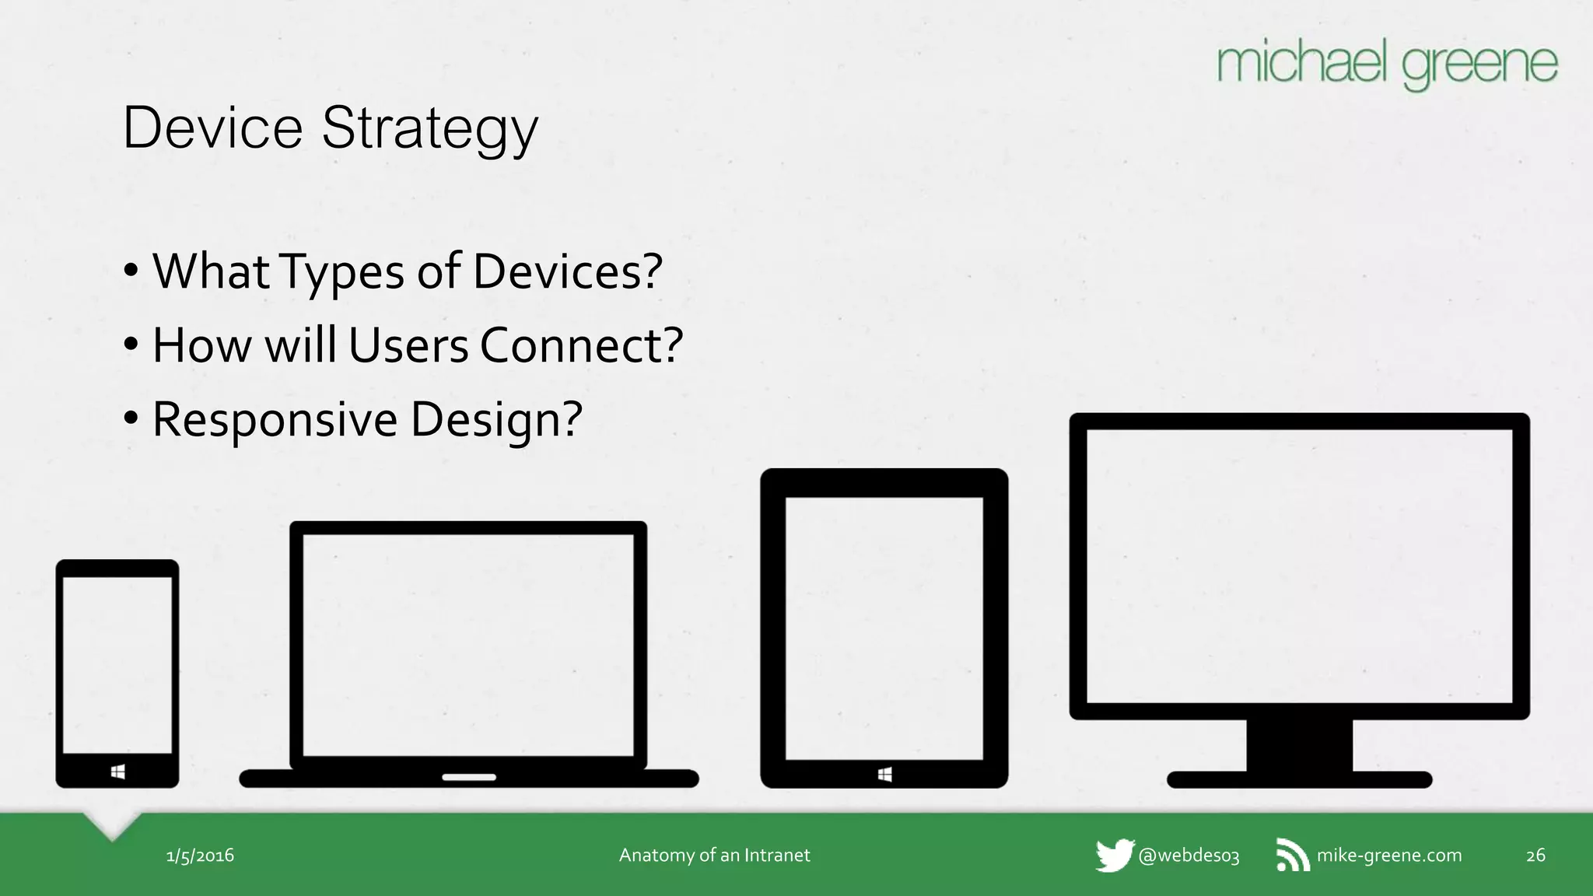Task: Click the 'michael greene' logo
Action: [1387, 65]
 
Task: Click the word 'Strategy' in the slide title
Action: [429, 128]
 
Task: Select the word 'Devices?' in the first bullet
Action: [567, 271]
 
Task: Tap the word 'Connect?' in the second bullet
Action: [581, 345]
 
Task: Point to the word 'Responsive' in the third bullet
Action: [275, 419]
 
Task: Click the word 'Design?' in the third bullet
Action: [496, 420]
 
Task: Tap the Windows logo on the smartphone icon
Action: [118, 772]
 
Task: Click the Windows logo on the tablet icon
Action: [884, 775]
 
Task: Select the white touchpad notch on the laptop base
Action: [469, 777]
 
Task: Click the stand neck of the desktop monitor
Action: [1299, 744]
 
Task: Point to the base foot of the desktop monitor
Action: [1299, 779]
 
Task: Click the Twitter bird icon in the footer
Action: [1115, 856]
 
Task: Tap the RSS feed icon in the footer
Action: [1292, 856]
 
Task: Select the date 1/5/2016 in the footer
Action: [200, 856]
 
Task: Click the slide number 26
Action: [1535, 856]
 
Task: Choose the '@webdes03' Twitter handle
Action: [1189, 856]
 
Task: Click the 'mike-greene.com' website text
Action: [1389, 856]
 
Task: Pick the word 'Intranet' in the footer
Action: [776, 856]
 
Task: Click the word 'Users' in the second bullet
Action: [408, 345]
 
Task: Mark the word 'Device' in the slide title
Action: [213, 128]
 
